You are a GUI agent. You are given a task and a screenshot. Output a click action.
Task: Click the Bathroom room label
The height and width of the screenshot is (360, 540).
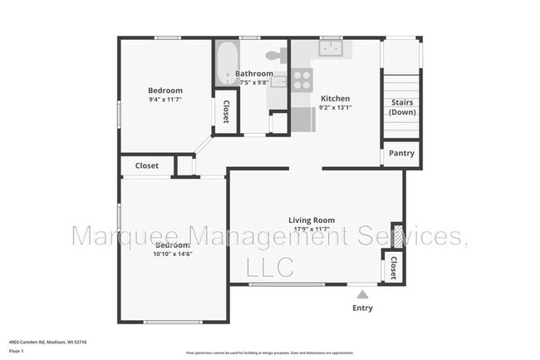click(x=253, y=73)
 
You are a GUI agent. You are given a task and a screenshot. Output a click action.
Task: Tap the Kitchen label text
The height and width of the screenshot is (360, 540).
click(x=336, y=97)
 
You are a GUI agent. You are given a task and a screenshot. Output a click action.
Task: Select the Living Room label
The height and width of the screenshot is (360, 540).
click(x=312, y=219)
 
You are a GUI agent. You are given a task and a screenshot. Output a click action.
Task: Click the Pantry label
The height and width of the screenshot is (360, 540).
click(x=401, y=154)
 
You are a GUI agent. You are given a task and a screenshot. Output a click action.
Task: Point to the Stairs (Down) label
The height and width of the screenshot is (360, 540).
click(x=402, y=107)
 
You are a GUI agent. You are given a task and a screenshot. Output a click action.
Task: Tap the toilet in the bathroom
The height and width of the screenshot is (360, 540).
click(x=274, y=57)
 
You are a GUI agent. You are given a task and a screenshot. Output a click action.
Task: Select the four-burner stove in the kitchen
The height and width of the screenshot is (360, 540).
click(x=302, y=80)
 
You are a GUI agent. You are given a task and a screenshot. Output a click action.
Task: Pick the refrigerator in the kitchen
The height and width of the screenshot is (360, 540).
click(x=301, y=121)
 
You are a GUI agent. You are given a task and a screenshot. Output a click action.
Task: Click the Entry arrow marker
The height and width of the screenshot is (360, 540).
click(x=362, y=293)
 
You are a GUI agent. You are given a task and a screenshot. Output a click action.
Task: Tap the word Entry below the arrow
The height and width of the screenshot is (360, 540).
click(x=362, y=308)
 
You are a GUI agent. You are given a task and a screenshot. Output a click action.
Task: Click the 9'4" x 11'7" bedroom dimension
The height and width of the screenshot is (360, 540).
click(x=165, y=100)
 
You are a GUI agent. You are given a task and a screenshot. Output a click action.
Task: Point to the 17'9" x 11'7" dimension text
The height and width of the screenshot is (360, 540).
click(x=311, y=229)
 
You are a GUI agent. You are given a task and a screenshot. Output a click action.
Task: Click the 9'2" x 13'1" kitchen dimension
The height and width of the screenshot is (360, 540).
click(x=336, y=106)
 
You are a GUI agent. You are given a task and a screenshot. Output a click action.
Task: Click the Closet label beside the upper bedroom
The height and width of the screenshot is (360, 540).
click(x=225, y=111)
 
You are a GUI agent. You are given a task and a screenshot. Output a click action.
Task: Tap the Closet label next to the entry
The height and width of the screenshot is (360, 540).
click(x=392, y=268)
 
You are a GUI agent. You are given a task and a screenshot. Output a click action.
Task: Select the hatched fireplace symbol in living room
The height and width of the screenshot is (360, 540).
click(x=397, y=234)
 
